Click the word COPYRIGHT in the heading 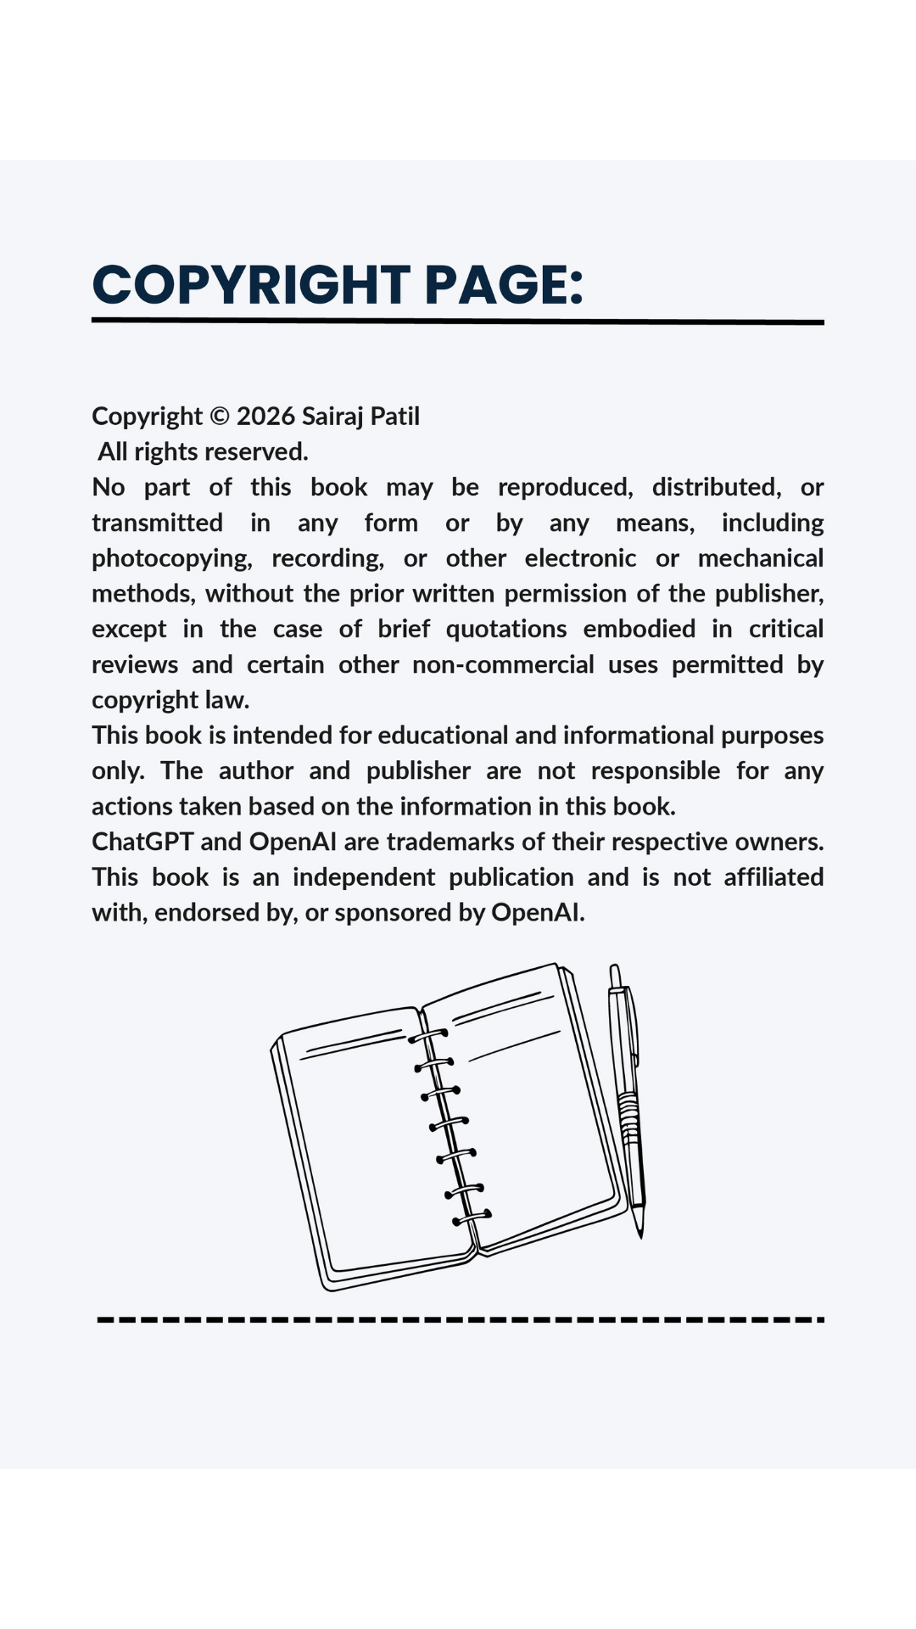(x=251, y=284)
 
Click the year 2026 (x=265, y=417)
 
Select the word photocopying (x=171, y=559)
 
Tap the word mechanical (x=760, y=558)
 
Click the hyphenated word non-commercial (x=503, y=664)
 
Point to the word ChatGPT (x=142, y=842)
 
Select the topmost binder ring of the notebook (x=428, y=1036)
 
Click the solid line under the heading (x=458, y=322)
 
